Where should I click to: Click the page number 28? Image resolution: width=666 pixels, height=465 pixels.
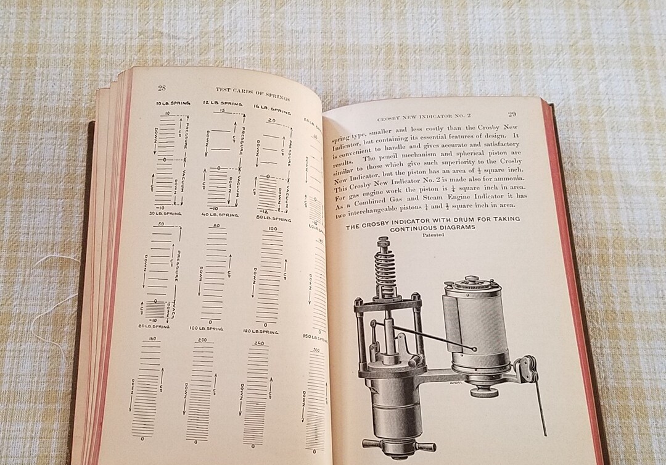click(x=162, y=88)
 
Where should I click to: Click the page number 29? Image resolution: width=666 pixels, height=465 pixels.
click(x=512, y=114)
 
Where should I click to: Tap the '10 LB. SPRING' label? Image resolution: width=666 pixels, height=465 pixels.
click(x=164, y=103)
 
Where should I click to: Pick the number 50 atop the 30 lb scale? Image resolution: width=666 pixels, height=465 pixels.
click(x=161, y=224)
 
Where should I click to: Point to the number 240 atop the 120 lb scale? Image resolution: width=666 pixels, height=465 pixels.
click(x=258, y=343)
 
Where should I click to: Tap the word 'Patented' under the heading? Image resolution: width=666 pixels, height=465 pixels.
click(x=433, y=235)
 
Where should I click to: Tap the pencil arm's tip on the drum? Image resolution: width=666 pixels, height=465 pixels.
click(x=475, y=350)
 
